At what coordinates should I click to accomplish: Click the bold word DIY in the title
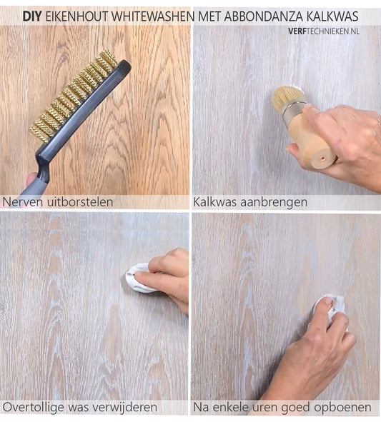point(31,16)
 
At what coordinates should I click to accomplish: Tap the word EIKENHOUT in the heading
point(77,16)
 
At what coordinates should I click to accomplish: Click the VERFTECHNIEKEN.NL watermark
point(324,31)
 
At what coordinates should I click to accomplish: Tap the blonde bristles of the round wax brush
point(287,96)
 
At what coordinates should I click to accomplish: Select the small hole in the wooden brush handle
point(322,158)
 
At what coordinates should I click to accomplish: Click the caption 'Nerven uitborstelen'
point(58,202)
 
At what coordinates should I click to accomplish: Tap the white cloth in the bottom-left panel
point(139,278)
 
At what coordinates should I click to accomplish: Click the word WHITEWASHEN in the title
point(153,16)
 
